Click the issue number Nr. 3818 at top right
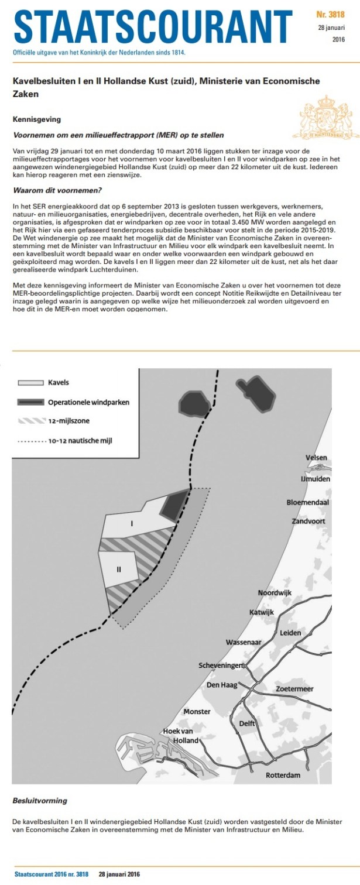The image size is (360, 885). pyautogui.click(x=332, y=12)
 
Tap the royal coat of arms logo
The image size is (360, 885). pyautogui.click(x=321, y=117)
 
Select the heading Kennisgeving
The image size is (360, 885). pyautogui.click(x=37, y=119)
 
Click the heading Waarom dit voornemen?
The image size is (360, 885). pyautogui.click(x=49, y=190)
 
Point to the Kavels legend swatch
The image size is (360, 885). pyautogui.click(x=31, y=383)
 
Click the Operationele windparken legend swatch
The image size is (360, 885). pyautogui.click(x=31, y=402)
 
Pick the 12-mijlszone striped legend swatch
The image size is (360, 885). pyautogui.click(x=31, y=420)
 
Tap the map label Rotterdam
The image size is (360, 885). pyautogui.click(x=283, y=775)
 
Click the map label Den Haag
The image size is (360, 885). pyautogui.click(x=221, y=685)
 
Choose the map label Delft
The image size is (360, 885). pyautogui.click(x=248, y=723)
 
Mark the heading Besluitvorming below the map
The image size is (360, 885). pyautogui.click(x=40, y=800)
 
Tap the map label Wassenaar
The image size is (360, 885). pyautogui.click(x=244, y=642)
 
